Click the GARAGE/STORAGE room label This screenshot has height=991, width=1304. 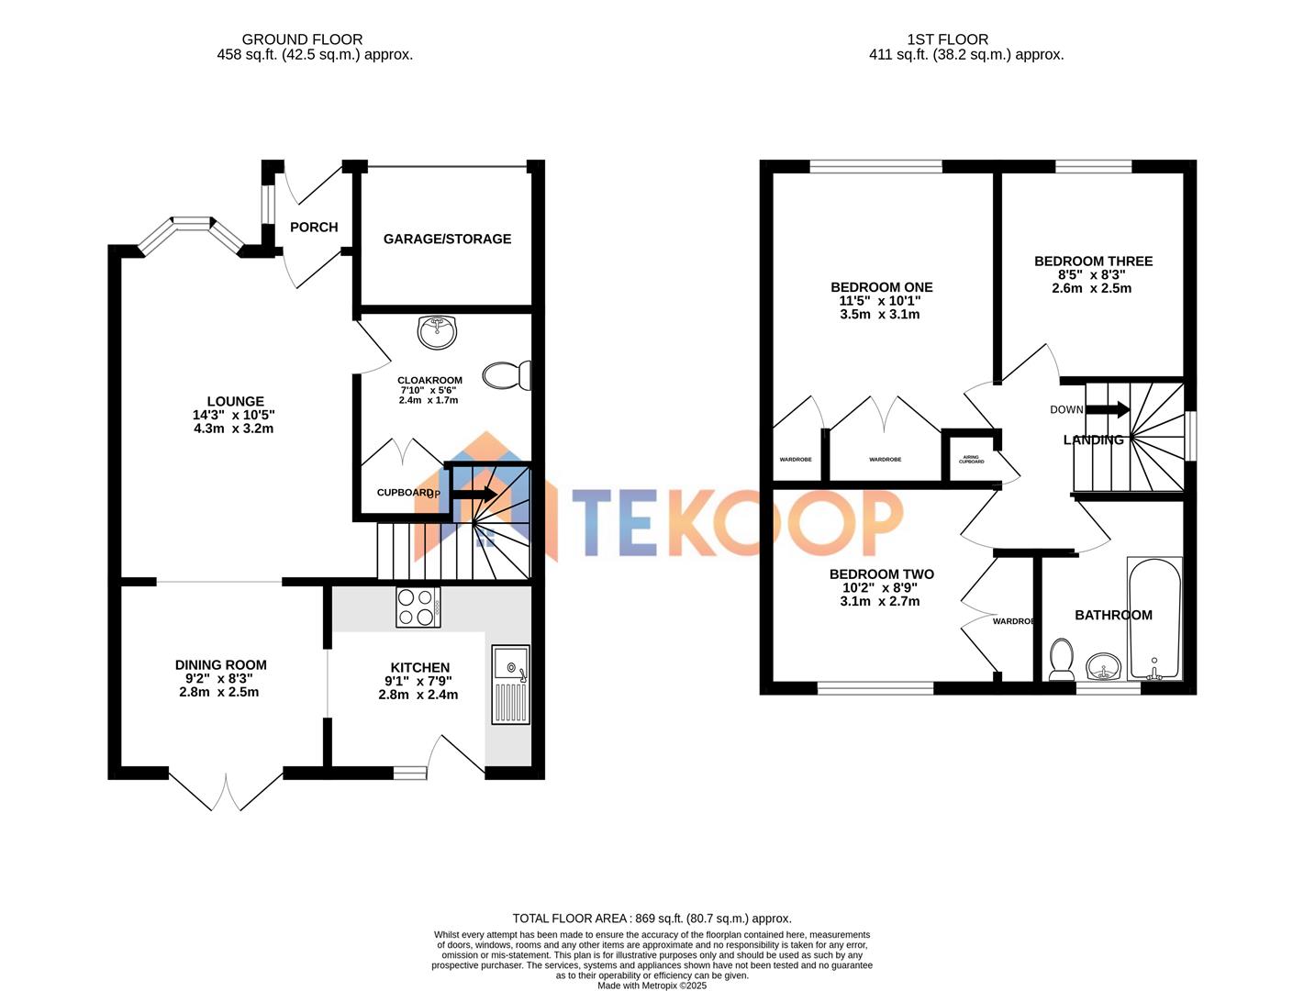447,239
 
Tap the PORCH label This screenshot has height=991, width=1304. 314,228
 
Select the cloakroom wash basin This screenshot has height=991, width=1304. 437,332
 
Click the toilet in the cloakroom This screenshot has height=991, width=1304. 507,375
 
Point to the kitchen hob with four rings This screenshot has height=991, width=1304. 418,607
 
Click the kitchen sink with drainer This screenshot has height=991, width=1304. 510,684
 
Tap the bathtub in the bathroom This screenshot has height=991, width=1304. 1154,619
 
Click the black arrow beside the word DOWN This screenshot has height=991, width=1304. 1108,409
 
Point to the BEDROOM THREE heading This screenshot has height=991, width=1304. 1093,262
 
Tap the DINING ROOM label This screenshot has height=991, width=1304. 221,665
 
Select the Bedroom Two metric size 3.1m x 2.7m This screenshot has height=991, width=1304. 879,602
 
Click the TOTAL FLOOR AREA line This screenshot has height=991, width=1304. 652,919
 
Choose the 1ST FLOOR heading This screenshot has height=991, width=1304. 947,39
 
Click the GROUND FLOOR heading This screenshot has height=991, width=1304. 302,39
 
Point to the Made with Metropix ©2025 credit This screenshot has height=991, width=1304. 652,985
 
